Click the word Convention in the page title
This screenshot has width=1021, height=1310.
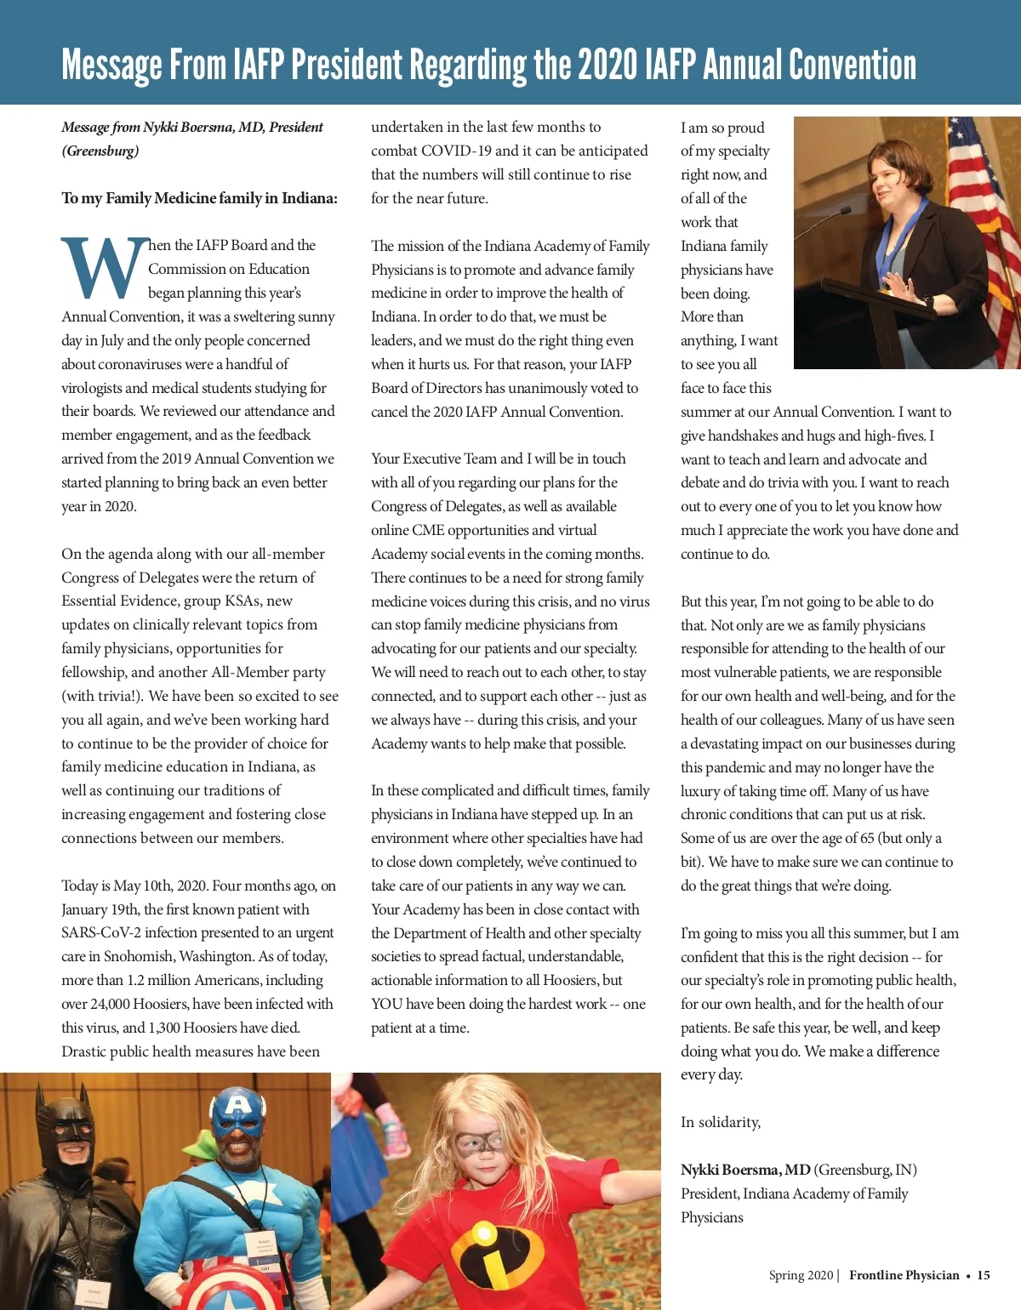(852, 65)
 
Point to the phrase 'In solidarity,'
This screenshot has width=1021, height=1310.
(720, 1122)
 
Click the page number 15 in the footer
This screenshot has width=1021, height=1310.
(984, 1275)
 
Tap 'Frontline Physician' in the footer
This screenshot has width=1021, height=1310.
(904, 1275)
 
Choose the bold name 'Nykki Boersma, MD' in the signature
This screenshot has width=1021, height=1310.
(745, 1170)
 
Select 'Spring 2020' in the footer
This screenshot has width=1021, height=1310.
(801, 1275)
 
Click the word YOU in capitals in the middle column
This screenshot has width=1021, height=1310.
(387, 1004)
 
